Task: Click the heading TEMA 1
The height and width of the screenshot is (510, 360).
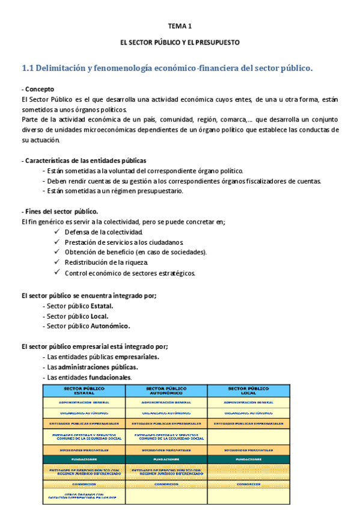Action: pyautogui.click(x=179, y=26)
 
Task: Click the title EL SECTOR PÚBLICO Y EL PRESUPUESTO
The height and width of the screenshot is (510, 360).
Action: pyautogui.click(x=180, y=43)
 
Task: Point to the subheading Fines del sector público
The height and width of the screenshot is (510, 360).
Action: pyautogui.click(x=59, y=212)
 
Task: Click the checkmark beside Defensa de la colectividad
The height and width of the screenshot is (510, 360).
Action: pyautogui.click(x=56, y=232)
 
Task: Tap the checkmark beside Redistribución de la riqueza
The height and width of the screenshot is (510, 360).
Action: pyautogui.click(x=56, y=262)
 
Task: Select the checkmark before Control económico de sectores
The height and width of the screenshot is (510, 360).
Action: pyautogui.click(x=56, y=272)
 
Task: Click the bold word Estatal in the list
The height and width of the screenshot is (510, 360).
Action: pyautogui.click(x=102, y=306)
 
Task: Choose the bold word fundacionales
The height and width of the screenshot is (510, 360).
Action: pyautogui.click(x=111, y=377)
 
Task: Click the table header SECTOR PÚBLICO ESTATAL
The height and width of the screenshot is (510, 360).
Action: pyautogui.click(x=84, y=390)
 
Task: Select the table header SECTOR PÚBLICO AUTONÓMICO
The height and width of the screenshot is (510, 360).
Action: pyautogui.click(x=166, y=390)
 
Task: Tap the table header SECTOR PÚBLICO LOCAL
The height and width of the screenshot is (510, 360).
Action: pyautogui.click(x=249, y=390)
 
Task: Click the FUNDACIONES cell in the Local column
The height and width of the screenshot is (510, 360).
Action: pyautogui.click(x=249, y=459)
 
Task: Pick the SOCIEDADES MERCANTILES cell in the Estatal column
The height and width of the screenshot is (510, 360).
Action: pyautogui.click(x=84, y=449)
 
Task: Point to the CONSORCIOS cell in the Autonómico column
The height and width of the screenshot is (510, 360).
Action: pyautogui.click(x=166, y=484)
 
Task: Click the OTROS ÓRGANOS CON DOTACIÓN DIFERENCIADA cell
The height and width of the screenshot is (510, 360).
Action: pyautogui.click(x=84, y=496)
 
